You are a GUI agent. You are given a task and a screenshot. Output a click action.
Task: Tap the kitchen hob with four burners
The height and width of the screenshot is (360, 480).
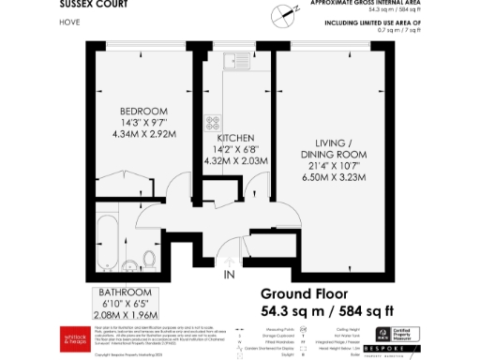coord(214,122)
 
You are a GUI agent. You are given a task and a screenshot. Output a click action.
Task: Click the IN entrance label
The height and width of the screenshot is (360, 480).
coord(229,276)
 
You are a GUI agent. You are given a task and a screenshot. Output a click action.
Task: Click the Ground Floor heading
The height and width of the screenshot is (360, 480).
coord(308,293)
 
